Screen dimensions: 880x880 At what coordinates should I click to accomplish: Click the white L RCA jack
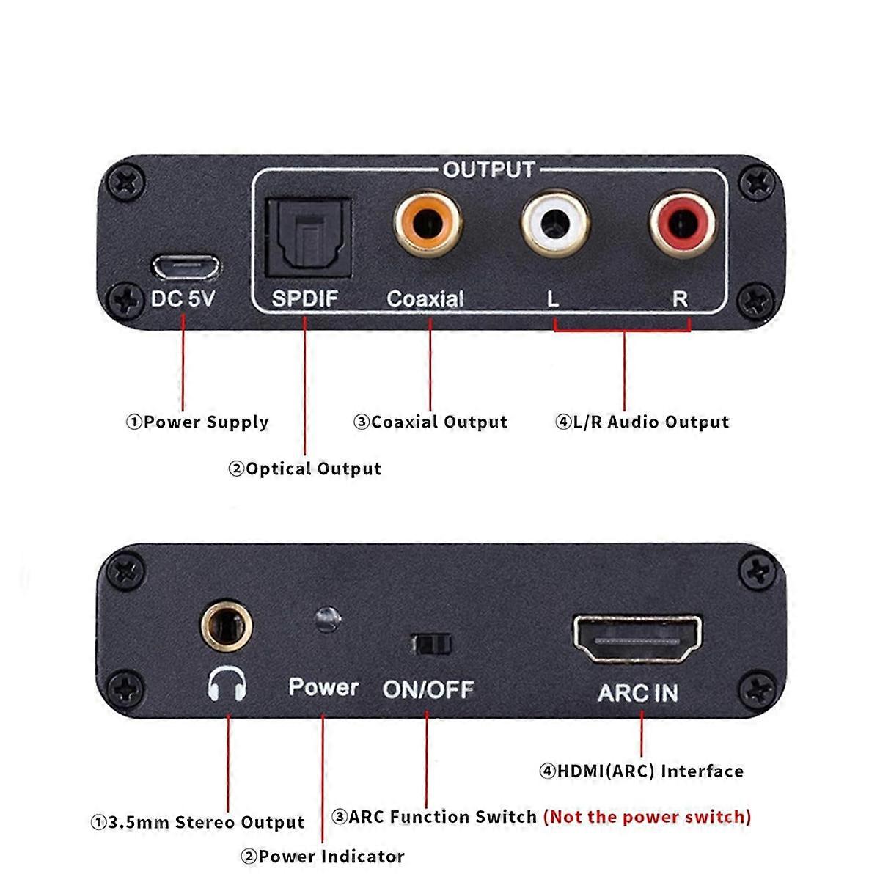pos(554,220)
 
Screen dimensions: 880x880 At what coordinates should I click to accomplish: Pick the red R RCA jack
pos(681,220)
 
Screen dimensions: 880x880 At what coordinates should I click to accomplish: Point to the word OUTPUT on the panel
pos(489,169)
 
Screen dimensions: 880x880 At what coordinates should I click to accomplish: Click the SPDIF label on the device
pos(305,298)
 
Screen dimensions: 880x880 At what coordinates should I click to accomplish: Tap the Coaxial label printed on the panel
pos(425,298)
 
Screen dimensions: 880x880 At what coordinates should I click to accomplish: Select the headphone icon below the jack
pos(227,685)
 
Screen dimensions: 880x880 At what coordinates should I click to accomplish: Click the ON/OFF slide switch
pos(431,645)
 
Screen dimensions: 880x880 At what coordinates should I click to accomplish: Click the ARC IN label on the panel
pos(638,692)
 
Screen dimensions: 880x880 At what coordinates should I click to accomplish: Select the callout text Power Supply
pos(198,422)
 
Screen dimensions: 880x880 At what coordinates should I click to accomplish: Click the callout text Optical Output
pos(305,469)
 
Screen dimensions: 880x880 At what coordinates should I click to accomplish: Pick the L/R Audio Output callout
pos(642,422)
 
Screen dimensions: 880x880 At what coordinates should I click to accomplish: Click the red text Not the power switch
pos(647,817)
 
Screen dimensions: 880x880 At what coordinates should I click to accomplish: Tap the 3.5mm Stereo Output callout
pos(197,823)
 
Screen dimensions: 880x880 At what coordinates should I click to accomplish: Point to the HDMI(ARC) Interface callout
pos(642,771)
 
